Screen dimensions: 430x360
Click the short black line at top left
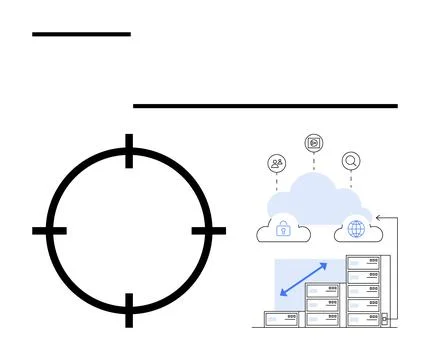(x=81, y=34)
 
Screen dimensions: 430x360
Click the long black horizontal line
(x=265, y=105)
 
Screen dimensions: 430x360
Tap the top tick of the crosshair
(x=128, y=151)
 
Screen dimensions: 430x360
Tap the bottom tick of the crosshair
(x=128, y=309)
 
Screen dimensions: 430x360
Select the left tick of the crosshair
(x=49, y=231)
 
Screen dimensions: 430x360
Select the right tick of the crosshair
(x=208, y=231)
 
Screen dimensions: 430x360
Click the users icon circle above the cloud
(x=277, y=163)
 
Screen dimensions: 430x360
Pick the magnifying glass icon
(x=351, y=160)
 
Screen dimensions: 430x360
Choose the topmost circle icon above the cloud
(x=314, y=142)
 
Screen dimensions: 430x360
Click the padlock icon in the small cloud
(x=283, y=229)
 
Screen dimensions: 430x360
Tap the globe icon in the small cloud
(x=356, y=229)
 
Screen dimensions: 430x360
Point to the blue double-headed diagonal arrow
(x=303, y=279)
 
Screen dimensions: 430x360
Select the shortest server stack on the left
(x=282, y=319)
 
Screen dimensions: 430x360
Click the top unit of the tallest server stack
(x=363, y=261)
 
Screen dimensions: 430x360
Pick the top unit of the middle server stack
(x=323, y=290)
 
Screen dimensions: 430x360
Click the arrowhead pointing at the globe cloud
(x=378, y=217)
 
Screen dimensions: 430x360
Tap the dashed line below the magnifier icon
(x=351, y=179)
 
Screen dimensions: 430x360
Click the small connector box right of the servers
(x=383, y=319)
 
